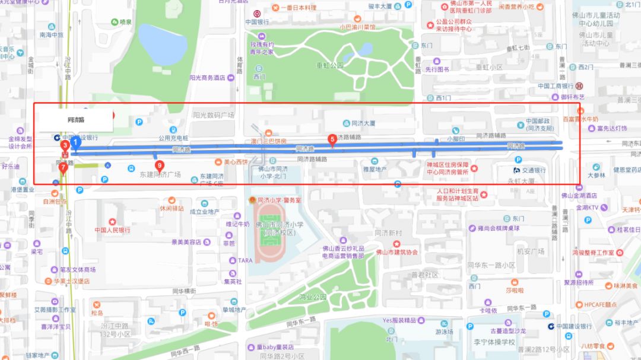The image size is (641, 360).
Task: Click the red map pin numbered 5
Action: point(332,140)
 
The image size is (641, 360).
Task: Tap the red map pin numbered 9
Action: point(159,166)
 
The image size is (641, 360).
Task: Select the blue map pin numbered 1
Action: point(75,142)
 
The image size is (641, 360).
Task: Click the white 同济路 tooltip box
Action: point(75,120)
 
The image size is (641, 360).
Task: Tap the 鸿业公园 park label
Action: point(313,297)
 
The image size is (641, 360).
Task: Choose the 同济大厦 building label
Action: point(363,123)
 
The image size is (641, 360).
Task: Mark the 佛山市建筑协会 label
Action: point(397,251)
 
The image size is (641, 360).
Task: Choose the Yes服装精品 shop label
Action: point(399,320)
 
